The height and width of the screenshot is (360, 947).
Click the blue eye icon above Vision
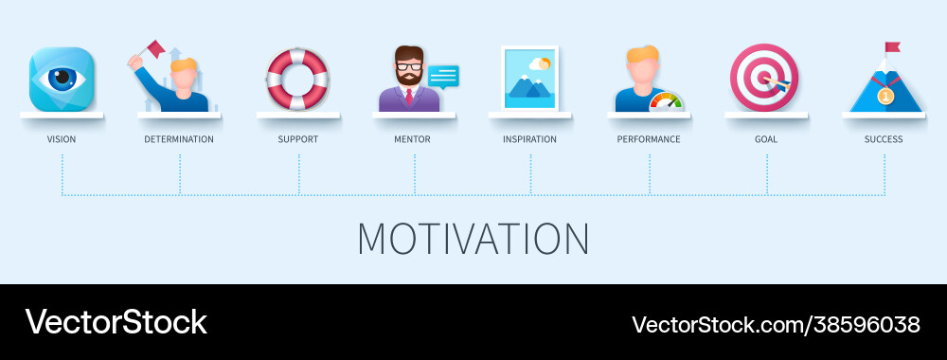(62, 79)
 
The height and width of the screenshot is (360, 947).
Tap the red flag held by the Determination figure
(155, 48)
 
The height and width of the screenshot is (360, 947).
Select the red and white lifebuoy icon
(297, 79)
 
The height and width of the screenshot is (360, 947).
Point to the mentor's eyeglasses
(409, 67)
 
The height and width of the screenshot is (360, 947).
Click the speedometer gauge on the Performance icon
(666, 101)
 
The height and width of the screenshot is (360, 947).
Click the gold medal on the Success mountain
(885, 96)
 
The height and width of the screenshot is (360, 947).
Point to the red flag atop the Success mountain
(892, 47)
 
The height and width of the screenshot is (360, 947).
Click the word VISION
(62, 139)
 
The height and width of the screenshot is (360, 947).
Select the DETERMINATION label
(179, 139)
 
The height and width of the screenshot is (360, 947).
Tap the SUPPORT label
(298, 139)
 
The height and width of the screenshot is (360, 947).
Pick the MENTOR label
(412, 139)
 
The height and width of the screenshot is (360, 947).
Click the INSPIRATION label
(529, 139)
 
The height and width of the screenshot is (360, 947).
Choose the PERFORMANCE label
(649, 139)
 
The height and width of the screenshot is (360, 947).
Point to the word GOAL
(766, 139)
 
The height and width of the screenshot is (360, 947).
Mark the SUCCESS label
(884, 139)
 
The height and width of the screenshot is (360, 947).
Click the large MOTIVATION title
(473, 239)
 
